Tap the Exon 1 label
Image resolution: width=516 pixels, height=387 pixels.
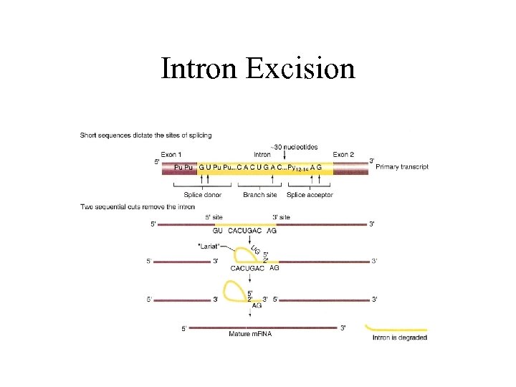pyautogui.click(x=171, y=154)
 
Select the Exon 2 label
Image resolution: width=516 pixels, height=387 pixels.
pyautogui.click(x=343, y=154)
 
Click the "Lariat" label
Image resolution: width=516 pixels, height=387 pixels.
pyautogui.click(x=209, y=246)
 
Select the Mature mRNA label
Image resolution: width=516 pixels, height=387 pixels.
pyautogui.click(x=250, y=333)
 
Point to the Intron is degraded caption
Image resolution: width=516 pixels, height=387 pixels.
pyautogui.click(x=399, y=337)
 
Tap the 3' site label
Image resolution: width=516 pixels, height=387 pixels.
pyautogui.click(x=281, y=216)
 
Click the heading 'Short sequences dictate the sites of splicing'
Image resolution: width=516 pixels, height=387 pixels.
pyautogui.click(x=145, y=135)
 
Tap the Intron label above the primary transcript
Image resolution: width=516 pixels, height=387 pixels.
pyautogui.click(x=262, y=154)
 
